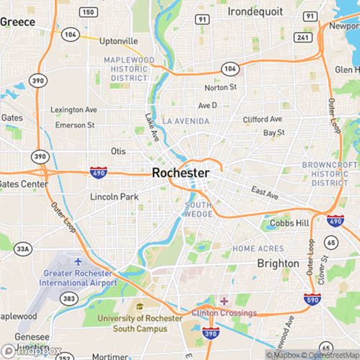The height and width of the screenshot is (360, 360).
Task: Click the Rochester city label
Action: [181, 174]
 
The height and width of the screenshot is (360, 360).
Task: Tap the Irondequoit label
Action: [256, 12]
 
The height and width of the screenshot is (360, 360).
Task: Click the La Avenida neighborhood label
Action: [186, 121]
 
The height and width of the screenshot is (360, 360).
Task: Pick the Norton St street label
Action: [220, 88]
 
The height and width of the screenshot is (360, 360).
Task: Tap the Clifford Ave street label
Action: [262, 119]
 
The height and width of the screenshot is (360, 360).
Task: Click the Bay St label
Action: [274, 132]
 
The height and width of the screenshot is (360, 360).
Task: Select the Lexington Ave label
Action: [73, 110]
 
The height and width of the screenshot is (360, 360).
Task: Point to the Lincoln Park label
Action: [114, 197]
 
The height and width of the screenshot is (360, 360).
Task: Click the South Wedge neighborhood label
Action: [198, 209]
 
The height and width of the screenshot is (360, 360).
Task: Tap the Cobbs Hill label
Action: [288, 223]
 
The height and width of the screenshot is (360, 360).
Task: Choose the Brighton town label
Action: [278, 264]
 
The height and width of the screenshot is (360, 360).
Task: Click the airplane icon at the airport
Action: [78, 259]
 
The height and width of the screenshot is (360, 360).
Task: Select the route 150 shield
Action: [89, 12]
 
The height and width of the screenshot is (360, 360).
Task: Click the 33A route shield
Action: [24, 249]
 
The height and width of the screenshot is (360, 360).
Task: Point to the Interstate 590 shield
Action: [312, 299]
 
